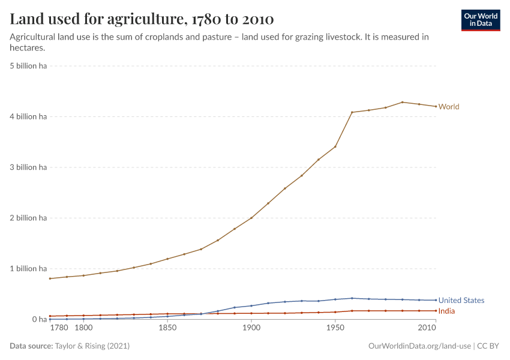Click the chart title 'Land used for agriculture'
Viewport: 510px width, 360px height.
point(142,19)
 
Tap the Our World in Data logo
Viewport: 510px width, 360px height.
point(480,20)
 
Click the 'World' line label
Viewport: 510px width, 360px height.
point(449,107)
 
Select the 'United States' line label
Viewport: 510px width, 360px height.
point(461,300)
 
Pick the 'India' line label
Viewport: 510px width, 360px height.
point(446,311)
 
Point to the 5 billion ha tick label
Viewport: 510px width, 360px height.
point(28,66)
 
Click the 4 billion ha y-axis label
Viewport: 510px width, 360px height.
point(28,116)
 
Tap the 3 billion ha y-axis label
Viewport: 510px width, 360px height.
point(28,167)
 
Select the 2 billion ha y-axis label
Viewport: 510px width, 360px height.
point(28,218)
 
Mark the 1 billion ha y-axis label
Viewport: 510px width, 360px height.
point(28,269)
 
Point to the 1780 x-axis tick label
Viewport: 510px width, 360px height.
point(59,328)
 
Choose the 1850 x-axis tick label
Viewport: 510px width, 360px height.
point(167,328)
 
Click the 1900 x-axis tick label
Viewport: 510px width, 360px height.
point(251,328)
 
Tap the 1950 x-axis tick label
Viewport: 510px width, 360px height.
point(335,328)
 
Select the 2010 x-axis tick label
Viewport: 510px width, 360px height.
point(427,328)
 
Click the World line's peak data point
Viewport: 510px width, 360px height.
point(402,102)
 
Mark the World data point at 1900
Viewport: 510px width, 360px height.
point(251,218)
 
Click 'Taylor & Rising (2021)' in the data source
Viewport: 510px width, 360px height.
point(92,346)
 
